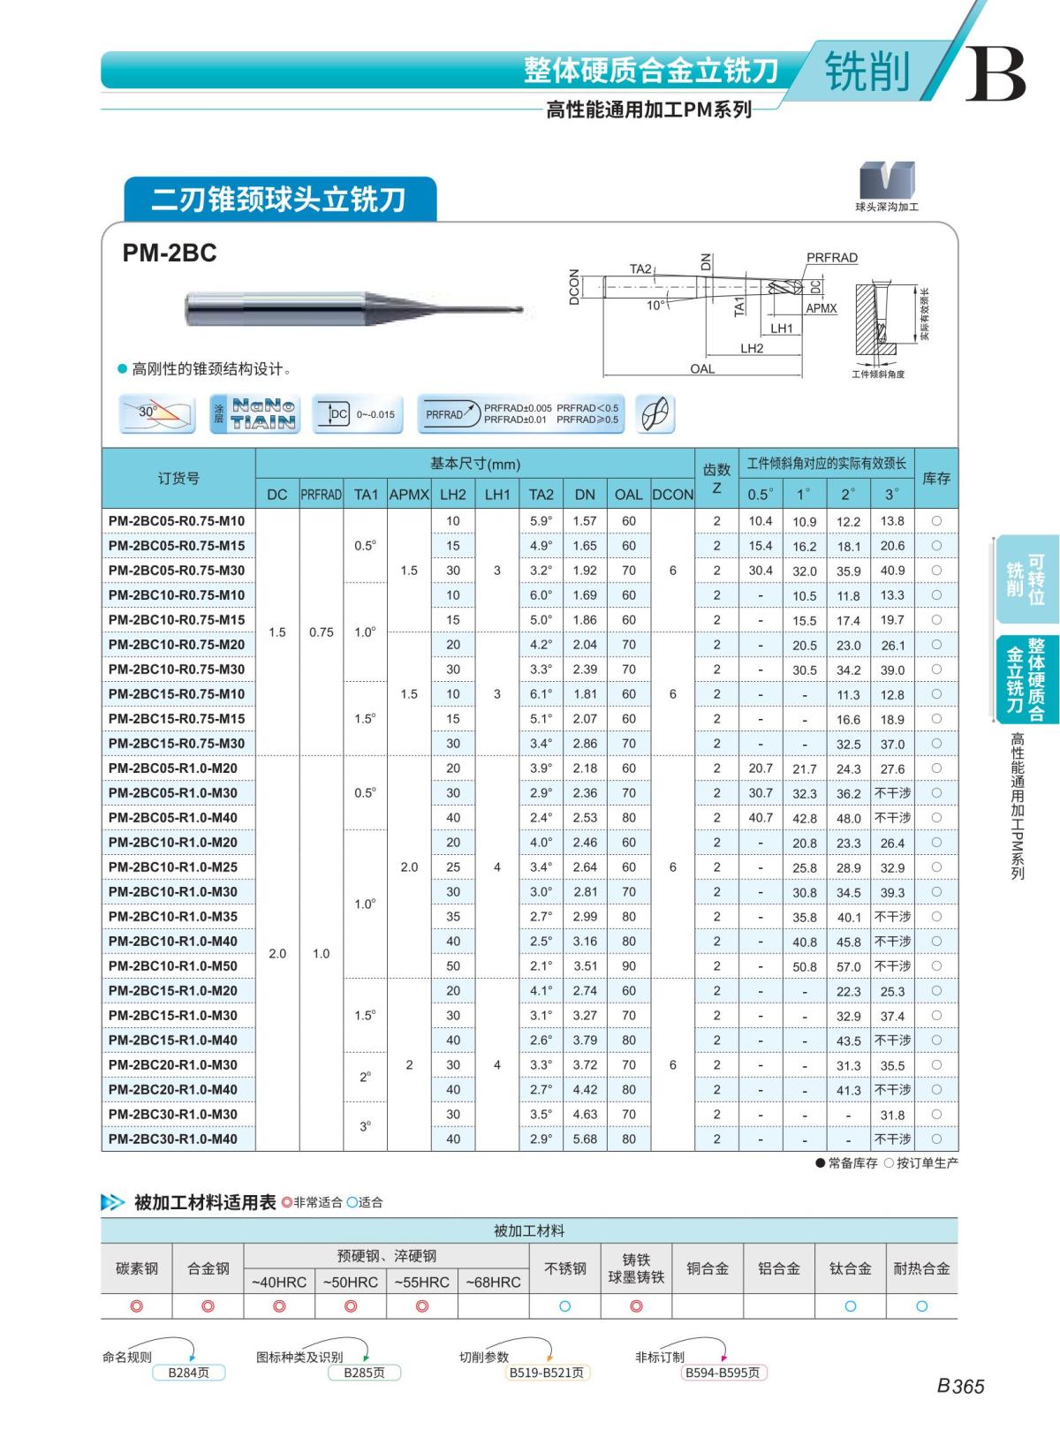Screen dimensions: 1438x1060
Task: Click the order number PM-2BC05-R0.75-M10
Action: [177, 521]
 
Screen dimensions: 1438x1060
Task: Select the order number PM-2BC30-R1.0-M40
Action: [173, 1139]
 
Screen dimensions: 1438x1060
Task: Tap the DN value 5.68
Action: [585, 1139]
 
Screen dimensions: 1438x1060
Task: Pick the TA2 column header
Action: [541, 495]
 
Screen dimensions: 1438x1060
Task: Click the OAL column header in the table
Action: [628, 495]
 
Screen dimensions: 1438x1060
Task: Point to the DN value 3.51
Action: [585, 966]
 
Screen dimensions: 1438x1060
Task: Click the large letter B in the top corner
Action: [995, 74]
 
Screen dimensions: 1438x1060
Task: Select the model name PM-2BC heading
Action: [170, 254]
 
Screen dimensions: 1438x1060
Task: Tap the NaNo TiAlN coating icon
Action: [254, 413]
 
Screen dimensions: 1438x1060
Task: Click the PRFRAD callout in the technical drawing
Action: [831, 258]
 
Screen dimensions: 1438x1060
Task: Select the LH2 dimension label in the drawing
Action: [752, 349]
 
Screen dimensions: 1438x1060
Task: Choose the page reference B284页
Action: [188, 1373]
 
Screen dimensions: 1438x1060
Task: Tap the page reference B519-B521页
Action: [547, 1373]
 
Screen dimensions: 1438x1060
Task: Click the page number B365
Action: [960, 1386]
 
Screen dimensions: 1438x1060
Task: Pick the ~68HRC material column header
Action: [493, 1282]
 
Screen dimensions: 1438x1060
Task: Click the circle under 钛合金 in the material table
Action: [850, 1306]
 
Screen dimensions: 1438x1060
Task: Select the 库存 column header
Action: [936, 479]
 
